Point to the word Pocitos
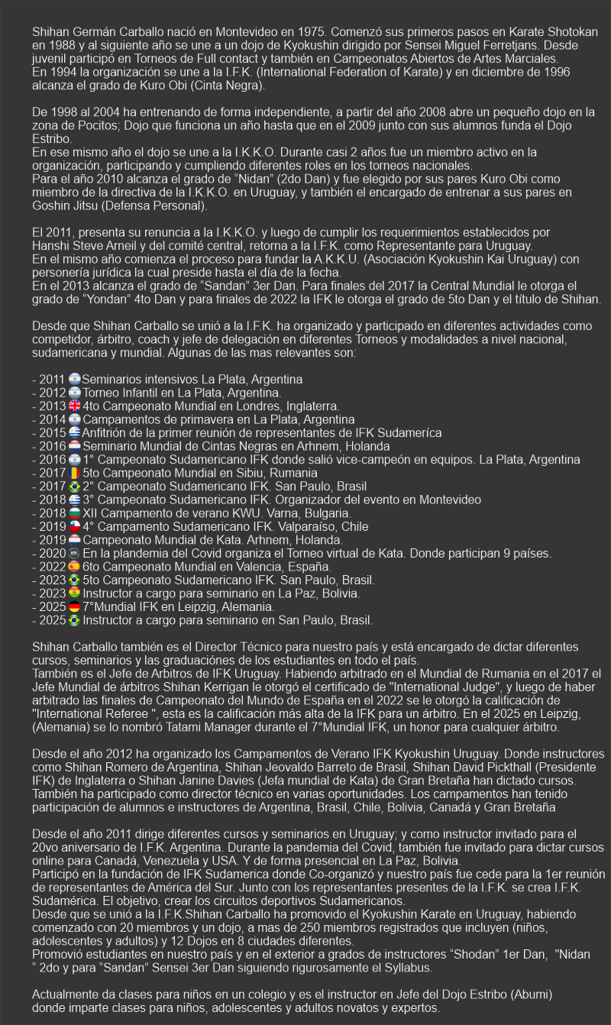(x=91, y=124)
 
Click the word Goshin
(x=52, y=205)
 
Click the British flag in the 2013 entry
(x=74, y=406)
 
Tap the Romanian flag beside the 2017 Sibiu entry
(x=74, y=473)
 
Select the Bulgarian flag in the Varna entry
(x=74, y=512)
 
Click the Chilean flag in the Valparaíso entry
(x=74, y=526)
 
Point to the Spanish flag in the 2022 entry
(x=74, y=566)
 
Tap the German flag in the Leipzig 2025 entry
(x=74, y=606)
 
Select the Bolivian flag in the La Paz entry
(x=74, y=593)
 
